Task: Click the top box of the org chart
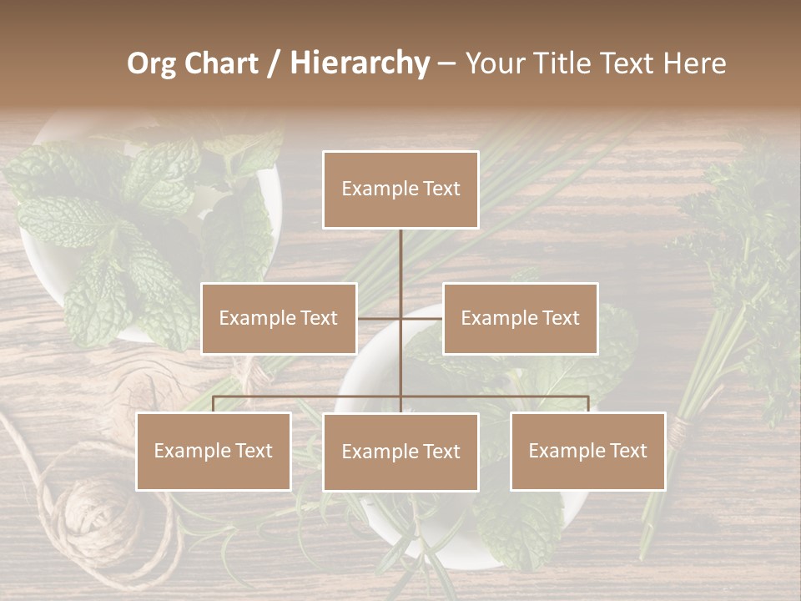pyautogui.click(x=400, y=189)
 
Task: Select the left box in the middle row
pyautogui.click(x=279, y=318)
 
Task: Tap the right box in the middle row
pyautogui.click(x=520, y=318)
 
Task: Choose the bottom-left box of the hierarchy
pyautogui.click(x=214, y=451)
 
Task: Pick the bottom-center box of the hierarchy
pyautogui.click(x=400, y=452)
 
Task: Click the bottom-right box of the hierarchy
pyautogui.click(x=587, y=451)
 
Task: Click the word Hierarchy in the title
pyautogui.click(x=359, y=63)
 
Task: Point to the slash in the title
pyautogui.click(x=275, y=63)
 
